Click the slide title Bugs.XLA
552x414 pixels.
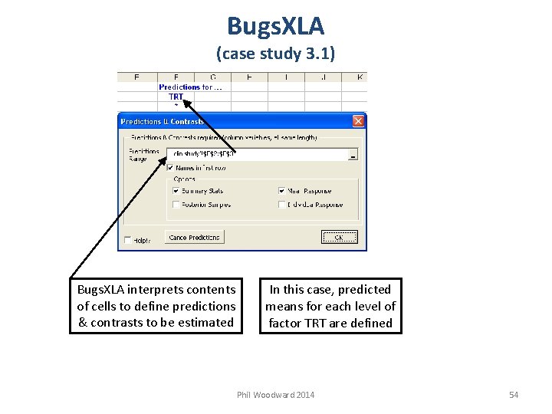[275, 26]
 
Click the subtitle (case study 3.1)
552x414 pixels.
[275, 54]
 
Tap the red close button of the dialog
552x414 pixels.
[358, 121]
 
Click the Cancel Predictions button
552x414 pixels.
[195, 238]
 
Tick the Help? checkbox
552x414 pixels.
[127, 240]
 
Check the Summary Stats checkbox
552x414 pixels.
[176, 191]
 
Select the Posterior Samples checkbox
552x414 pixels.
[176, 205]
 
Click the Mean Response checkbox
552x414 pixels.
[281, 191]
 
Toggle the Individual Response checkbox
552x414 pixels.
[281, 205]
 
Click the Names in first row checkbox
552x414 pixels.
[170, 168]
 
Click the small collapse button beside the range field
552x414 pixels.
[353, 154]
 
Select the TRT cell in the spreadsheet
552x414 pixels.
[176, 97]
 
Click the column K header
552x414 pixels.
[360, 77]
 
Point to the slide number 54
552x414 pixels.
[514, 395]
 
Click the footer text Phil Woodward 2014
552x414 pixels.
[275, 395]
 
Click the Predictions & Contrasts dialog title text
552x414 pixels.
[163, 121]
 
